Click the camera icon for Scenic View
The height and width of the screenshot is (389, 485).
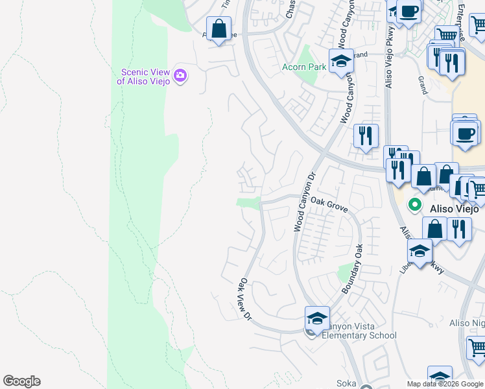180,76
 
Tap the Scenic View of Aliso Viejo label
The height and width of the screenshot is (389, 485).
144,77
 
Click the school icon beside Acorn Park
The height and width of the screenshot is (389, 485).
341,62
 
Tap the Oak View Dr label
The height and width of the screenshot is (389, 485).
244,299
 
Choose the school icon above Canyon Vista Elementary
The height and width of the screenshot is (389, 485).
316,318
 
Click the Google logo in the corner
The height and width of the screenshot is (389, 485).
21,381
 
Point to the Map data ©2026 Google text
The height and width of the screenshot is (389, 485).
445,384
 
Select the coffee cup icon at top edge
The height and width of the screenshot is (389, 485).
408,12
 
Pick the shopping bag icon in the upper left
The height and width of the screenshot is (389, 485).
219,29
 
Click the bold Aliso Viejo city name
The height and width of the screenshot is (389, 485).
454,209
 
